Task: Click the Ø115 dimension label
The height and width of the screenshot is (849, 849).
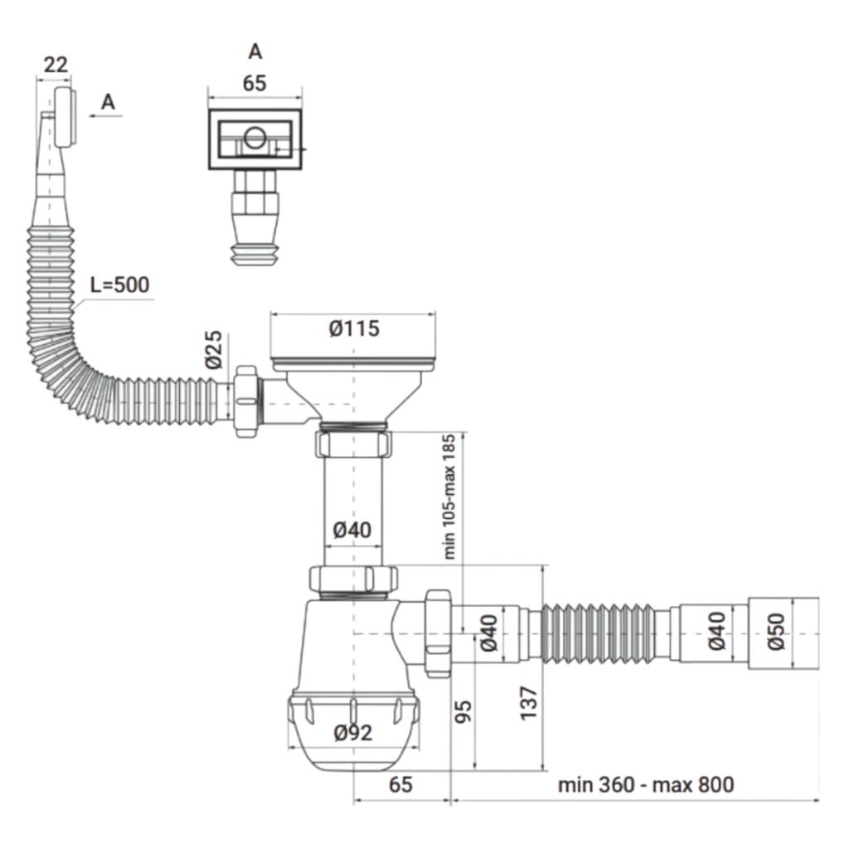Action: tap(354, 328)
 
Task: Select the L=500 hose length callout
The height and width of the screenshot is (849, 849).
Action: tap(119, 285)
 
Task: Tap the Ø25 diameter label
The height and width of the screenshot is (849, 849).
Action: tap(214, 350)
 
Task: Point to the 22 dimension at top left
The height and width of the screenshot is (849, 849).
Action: tap(56, 65)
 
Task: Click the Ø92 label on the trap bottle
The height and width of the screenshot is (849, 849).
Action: tap(353, 733)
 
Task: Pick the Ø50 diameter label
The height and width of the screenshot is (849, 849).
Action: tap(776, 631)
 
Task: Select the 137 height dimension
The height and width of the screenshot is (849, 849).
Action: tap(529, 703)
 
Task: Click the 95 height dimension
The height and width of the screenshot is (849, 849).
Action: tap(463, 711)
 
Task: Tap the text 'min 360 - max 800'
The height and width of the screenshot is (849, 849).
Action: tap(646, 784)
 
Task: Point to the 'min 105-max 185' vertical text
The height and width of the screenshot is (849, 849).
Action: tap(449, 497)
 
